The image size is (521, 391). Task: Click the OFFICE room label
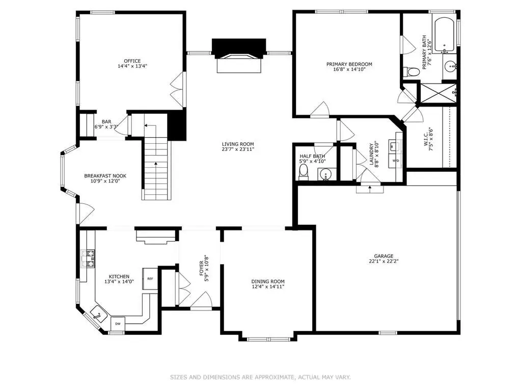[x=132, y=61]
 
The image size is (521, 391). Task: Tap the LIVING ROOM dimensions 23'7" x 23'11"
[x=238, y=149]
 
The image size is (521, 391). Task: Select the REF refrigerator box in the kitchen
[x=150, y=279]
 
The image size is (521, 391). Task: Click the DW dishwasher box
[x=118, y=324]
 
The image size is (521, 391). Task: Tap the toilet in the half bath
[x=303, y=172]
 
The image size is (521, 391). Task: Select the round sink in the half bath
[x=325, y=174]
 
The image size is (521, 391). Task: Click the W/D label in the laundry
[x=396, y=161]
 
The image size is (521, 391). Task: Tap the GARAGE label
[x=384, y=256]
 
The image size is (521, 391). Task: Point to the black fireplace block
[x=239, y=47]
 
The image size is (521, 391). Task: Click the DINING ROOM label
[x=268, y=281]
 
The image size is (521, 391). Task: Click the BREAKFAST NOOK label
[x=105, y=176]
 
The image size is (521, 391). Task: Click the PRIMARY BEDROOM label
[x=349, y=64]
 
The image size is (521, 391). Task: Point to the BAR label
[x=106, y=122]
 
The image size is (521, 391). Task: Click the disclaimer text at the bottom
[x=261, y=377]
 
